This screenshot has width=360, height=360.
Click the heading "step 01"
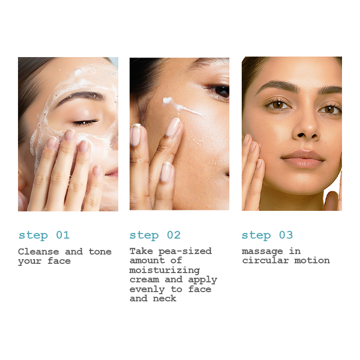(44, 236)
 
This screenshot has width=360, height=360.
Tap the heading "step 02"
(155, 236)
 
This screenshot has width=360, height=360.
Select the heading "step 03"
(267, 236)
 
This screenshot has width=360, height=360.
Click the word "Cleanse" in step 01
(39, 251)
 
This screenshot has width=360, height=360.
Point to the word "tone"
(100, 251)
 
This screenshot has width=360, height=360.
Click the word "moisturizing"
(165, 270)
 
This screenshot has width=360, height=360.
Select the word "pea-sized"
(185, 251)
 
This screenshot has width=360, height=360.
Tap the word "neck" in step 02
(165, 298)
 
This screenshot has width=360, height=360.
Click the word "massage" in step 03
(262, 251)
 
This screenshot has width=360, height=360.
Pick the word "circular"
(265, 261)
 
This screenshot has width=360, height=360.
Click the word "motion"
(312, 261)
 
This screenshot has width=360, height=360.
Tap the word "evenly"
(147, 290)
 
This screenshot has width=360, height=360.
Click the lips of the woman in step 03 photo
(303, 158)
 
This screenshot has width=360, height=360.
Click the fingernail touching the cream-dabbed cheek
(174, 127)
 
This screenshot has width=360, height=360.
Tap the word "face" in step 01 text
(59, 261)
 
